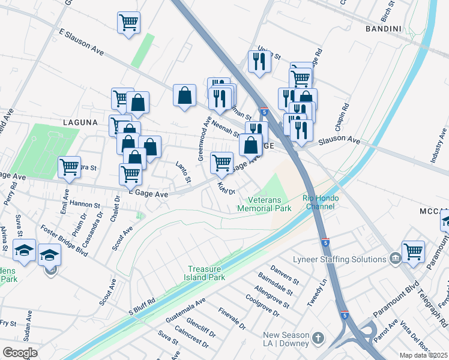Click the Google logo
coord(20,353)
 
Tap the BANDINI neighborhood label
coord(383,28)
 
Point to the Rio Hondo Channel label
coord(321,202)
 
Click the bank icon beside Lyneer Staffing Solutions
coord(395,259)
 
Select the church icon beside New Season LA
coord(318,339)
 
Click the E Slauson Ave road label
coord(82,43)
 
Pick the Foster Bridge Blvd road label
coord(64,241)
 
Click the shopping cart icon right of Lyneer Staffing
coord(413,251)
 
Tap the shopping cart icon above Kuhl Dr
coord(221,162)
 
